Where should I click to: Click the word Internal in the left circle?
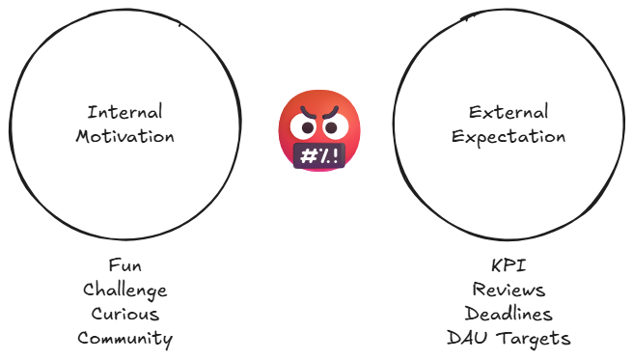pyautogui.click(x=124, y=112)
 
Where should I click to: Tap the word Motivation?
pyautogui.click(x=124, y=136)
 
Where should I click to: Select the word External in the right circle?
pyautogui.click(x=509, y=112)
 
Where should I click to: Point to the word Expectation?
pyautogui.click(x=509, y=136)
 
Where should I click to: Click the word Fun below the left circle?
pyautogui.click(x=124, y=265)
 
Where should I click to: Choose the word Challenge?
pyautogui.click(x=124, y=290)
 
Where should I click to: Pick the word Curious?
pyautogui.click(x=124, y=314)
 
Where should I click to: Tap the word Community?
pyautogui.click(x=124, y=338)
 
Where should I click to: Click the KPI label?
pyautogui.click(x=509, y=265)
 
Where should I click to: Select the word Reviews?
pyautogui.click(x=509, y=290)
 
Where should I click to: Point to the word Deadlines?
pyautogui.click(x=509, y=314)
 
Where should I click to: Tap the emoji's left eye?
pyautogui.click(x=308, y=126)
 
